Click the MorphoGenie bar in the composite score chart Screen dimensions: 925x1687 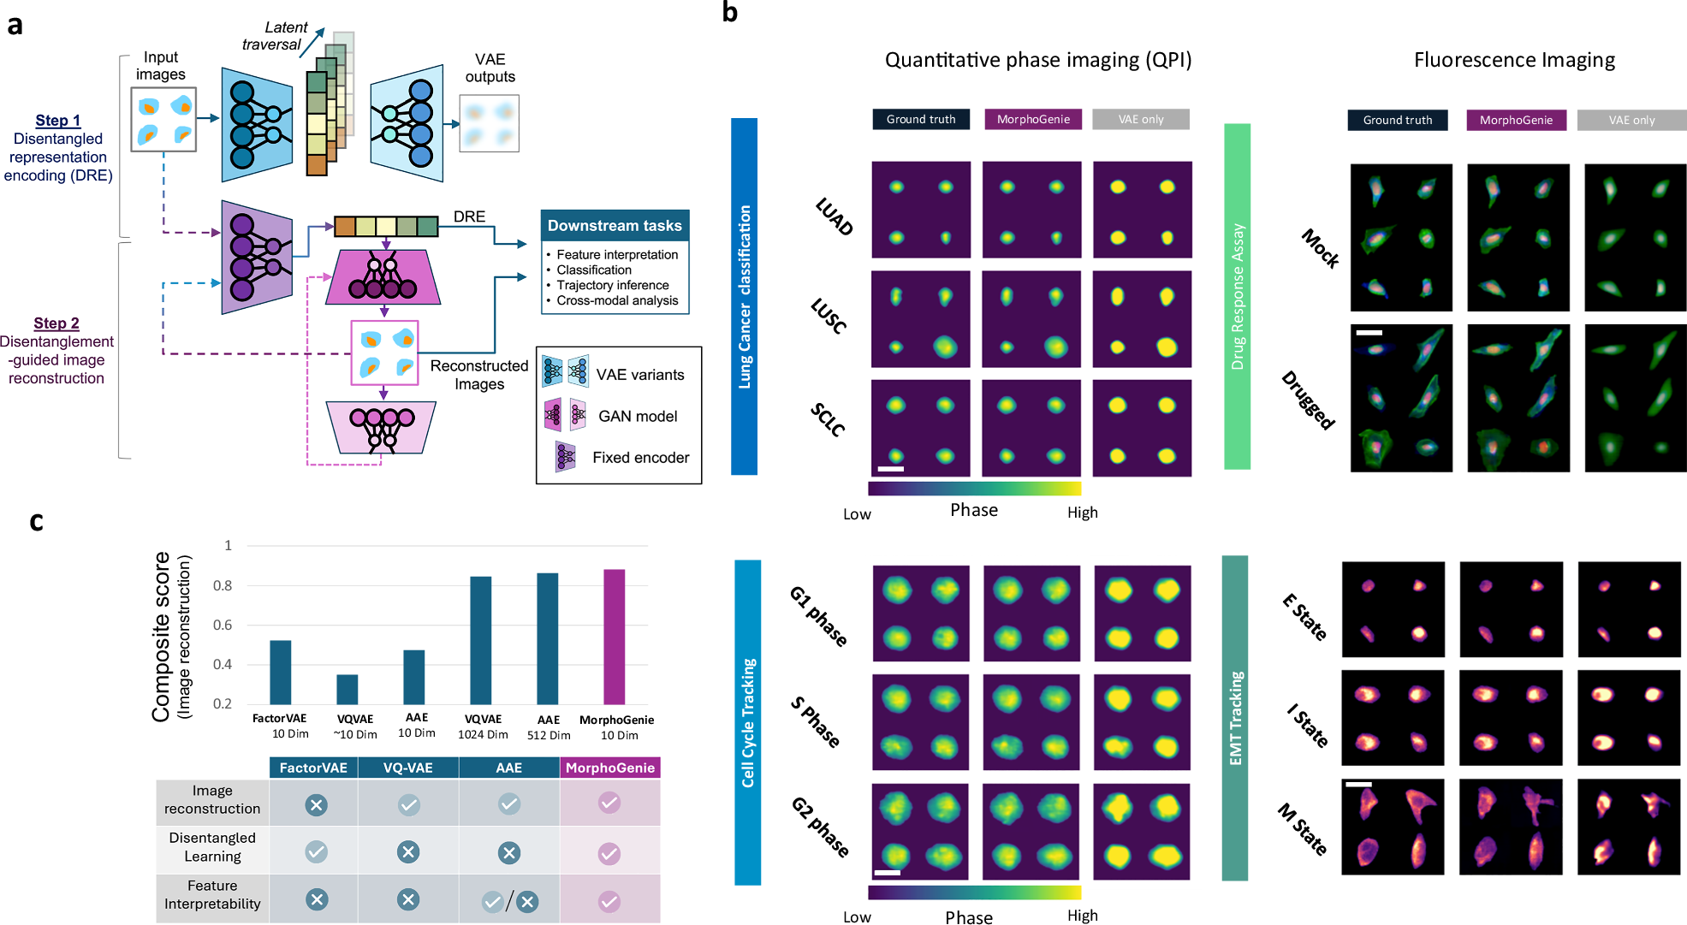(x=614, y=637)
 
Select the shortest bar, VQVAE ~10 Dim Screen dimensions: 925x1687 (x=347, y=689)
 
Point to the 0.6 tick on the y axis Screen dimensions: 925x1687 (x=223, y=626)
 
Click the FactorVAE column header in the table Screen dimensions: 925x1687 (x=313, y=768)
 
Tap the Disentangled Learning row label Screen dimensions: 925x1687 (x=212, y=847)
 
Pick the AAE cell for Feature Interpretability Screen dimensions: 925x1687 (x=509, y=901)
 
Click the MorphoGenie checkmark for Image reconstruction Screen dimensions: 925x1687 (x=609, y=803)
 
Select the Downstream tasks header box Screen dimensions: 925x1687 (x=615, y=226)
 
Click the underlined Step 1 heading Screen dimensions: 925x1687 (x=57, y=121)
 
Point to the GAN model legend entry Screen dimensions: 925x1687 (x=638, y=416)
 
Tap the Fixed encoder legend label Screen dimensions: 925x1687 (x=640, y=458)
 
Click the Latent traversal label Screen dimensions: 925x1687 (x=274, y=36)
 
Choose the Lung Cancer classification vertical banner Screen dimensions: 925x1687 (x=744, y=296)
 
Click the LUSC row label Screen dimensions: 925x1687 (x=829, y=316)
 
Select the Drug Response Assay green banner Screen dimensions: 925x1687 (x=1237, y=296)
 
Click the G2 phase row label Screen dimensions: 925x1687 (x=820, y=827)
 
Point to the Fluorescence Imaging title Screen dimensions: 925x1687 (x=1514, y=60)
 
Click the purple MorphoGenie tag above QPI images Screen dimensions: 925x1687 (x=1033, y=119)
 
